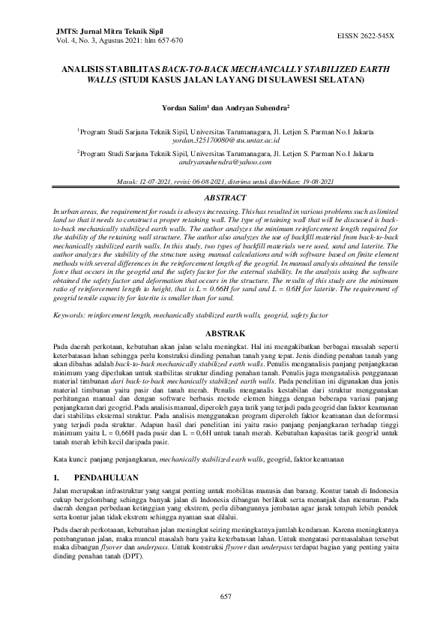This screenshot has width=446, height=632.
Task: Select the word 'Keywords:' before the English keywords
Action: pyautogui.click(x=69, y=316)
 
